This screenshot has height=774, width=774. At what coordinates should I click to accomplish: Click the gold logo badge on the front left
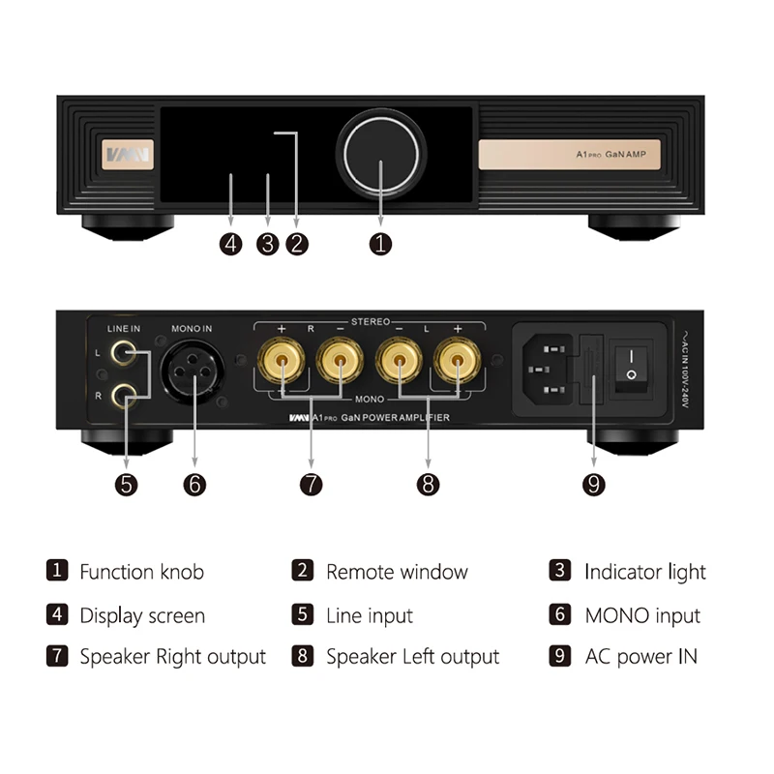coord(127,155)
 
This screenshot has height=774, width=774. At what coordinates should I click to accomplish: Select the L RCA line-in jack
coord(123,353)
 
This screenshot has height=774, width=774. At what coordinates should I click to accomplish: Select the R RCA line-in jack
coord(123,394)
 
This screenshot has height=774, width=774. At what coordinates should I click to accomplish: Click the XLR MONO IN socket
coord(193,371)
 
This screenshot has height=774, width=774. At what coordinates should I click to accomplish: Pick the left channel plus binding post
coord(456,363)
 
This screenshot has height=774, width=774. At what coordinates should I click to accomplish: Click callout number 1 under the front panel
coord(381,244)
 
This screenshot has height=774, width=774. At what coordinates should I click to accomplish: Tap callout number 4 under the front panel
coord(230,244)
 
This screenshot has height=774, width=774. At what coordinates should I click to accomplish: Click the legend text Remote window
coord(397,572)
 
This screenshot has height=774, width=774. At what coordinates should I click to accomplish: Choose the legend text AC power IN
coord(641,657)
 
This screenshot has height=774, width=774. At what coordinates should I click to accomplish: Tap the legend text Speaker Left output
coord(412,657)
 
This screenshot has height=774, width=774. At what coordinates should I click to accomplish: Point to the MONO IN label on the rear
coord(192,329)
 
